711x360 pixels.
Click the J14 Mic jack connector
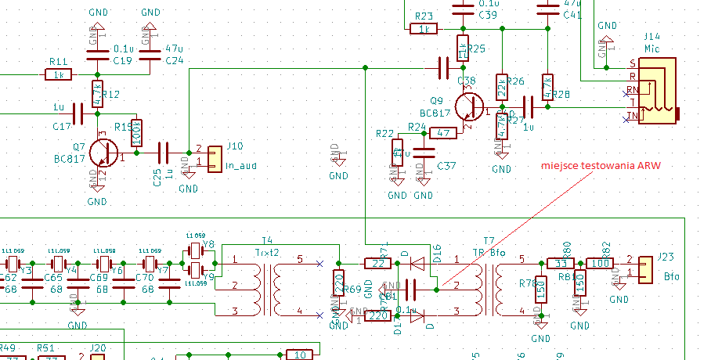[657, 91]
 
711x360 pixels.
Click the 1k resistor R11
[58, 75]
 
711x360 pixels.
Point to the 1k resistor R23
[424, 29]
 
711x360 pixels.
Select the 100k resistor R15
[136, 133]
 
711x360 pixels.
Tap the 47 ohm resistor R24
[442, 133]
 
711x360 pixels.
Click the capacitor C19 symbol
[97, 54]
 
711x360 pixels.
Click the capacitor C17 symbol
[77, 113]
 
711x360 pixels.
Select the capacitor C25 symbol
[164, 152]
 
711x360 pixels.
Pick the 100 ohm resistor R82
[599, 263]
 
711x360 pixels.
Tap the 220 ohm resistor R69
[338, 285]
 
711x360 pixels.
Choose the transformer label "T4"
[267, 240]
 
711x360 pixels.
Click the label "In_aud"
[241, 166]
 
